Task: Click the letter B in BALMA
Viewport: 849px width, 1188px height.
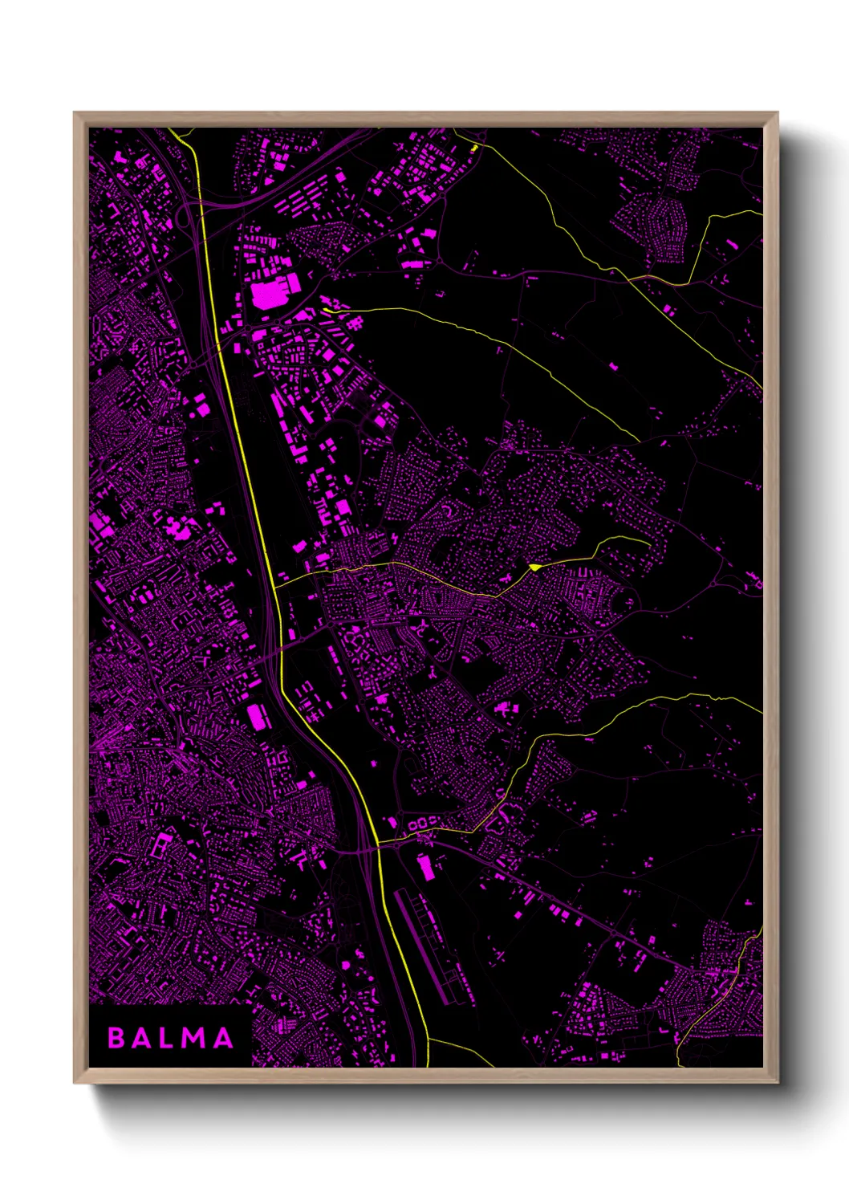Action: point(116,1038)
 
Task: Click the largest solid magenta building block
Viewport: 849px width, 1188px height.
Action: point(270,293)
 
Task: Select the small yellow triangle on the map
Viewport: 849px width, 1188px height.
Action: point(534,567)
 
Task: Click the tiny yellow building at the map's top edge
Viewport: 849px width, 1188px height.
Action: point(473,148)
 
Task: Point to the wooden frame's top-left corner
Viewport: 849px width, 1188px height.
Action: point(75,113)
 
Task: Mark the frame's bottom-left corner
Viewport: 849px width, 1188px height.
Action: point(75,1082)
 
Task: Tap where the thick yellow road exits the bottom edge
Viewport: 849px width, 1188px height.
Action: point(428,1065)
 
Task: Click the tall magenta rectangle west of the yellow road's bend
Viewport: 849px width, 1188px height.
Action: point(258,716)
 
